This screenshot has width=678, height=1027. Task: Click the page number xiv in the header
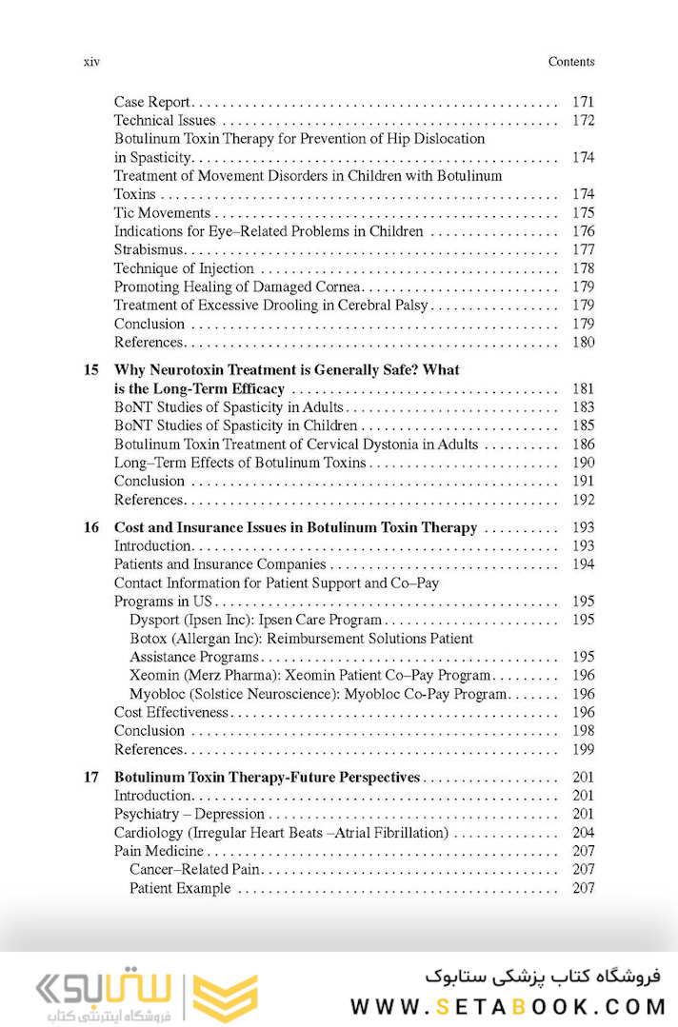click(92, 62)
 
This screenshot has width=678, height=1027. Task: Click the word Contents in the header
click(571, 62)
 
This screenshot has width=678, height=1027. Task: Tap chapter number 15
click(90, 369)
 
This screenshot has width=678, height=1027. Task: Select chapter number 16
click(90, 527)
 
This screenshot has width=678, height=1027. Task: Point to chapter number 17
click(90, 778)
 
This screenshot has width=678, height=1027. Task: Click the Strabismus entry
click(149, 250)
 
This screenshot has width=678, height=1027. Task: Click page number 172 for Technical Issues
click(583, 121)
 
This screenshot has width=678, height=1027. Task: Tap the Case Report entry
click(152, 102)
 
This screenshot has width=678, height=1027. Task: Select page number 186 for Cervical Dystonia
click(583, 444)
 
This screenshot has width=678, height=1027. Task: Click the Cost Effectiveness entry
click(171, 712)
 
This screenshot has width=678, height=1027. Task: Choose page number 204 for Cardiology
click(583, 833)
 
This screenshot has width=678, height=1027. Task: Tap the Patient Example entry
click(180, 888)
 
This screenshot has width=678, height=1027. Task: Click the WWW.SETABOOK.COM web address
click(506, 1006)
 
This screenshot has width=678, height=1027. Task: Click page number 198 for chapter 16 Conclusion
click(583, 731)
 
